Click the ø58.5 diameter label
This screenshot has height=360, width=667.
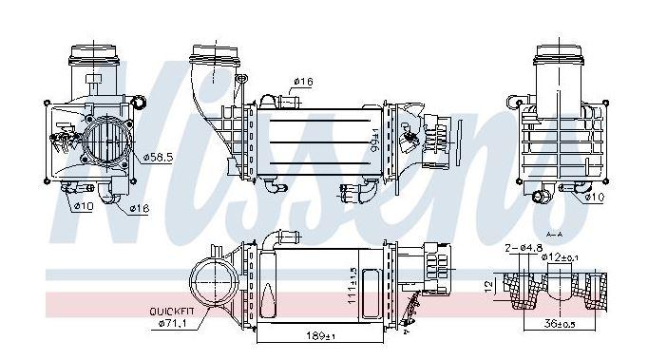(159, 158)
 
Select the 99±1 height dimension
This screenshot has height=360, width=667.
(374, 141)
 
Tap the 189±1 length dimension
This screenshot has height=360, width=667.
(321, 335)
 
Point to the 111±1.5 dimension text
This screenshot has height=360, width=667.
(353, 286)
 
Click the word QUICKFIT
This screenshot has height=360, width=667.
(172, 312)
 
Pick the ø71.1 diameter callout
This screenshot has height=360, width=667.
(172, 324)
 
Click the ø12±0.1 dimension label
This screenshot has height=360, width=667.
(560, 257)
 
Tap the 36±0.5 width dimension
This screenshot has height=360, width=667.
(560, 324)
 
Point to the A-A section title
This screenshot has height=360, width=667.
(554, 235)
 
